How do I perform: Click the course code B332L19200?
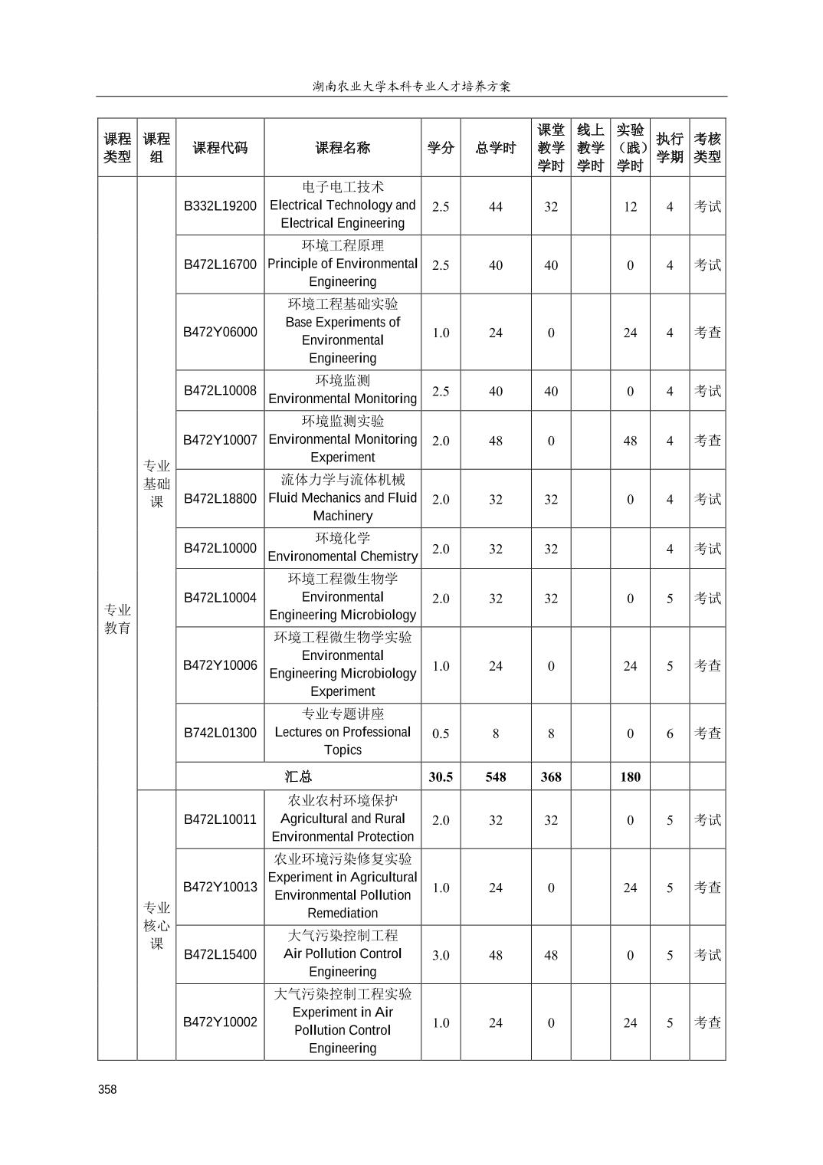tap(220, 206)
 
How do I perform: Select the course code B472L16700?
tap(220, 264)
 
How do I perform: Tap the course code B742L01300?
tap(220, 733)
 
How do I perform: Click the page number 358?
tap(107, 1089)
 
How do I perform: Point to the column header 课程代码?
tap(220, 148)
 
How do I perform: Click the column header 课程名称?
tap(343, 148)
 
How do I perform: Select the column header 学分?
tap(441, 148)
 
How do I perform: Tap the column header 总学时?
tap(496, 148)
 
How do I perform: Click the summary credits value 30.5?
tap(441, 776)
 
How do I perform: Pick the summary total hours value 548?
tap(496, 776)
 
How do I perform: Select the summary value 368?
tap(551, 776)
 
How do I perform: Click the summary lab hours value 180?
tap(630, 776)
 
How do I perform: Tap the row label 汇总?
tap(298, 776)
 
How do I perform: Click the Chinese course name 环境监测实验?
tap(343, 421)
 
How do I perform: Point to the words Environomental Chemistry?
tap(343, 556)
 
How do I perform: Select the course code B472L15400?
tap(220, 954)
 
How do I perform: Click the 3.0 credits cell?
tap(441, 955)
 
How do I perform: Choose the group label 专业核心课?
tap(156, 925)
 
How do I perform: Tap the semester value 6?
tap(670, 733)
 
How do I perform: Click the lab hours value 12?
tap(630, 206)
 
